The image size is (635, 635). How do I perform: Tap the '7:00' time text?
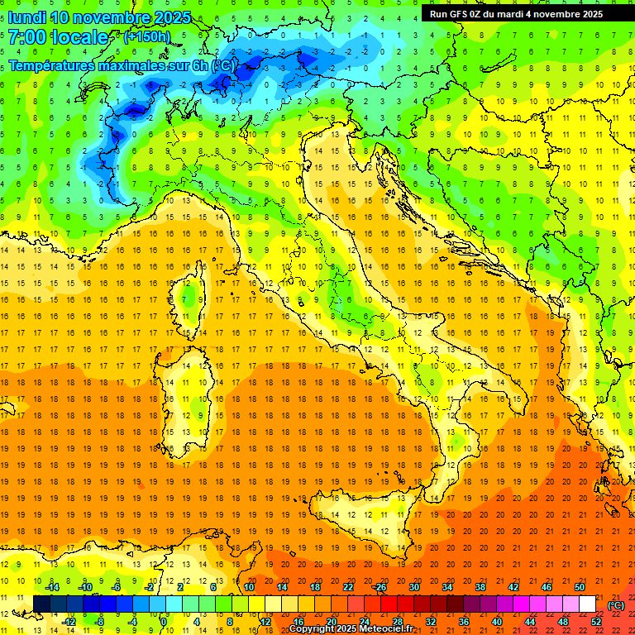[26, 37]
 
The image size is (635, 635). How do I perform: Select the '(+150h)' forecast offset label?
[146, 36]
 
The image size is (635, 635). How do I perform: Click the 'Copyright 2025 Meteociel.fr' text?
[351, 629]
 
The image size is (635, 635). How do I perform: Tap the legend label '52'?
[596, 621]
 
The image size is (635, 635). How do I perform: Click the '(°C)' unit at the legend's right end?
[616, 605]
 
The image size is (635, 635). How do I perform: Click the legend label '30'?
[414, 586]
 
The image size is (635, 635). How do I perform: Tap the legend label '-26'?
[380, 586]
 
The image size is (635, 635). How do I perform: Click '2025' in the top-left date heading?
[173, 17]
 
